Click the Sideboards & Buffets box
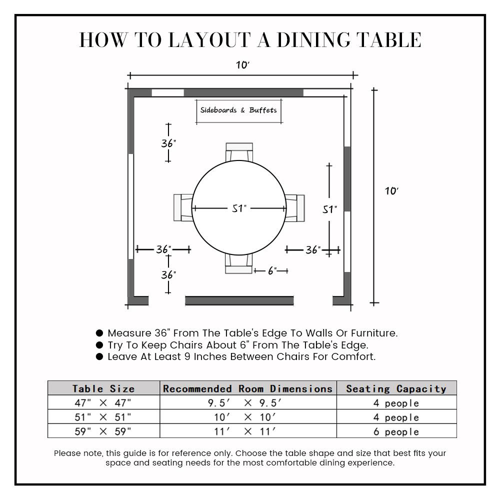[x=238, y=110]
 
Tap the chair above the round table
[x=239, y=151]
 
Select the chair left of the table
[x=183, y=207]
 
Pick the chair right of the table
[x=295, y=207]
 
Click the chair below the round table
[x=238, y=263]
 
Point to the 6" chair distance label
[x=271, y=270]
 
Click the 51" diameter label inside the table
[x=239, y=208]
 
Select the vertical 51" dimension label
[x=329, y=209]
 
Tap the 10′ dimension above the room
[x=242, y=65]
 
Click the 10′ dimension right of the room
[x=391, y=191]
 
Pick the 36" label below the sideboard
[x=168, y=143]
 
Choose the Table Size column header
[x=103, y=388]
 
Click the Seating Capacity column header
[x=396, y=388]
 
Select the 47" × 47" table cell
[x=103, y=403]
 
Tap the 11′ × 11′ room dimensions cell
[x=248, y=431]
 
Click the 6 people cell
[x=396, y=431]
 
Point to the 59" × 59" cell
[x=103, y=431]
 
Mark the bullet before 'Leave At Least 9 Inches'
[x=99, y=356]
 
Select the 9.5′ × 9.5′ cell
[x=248, y=403]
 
